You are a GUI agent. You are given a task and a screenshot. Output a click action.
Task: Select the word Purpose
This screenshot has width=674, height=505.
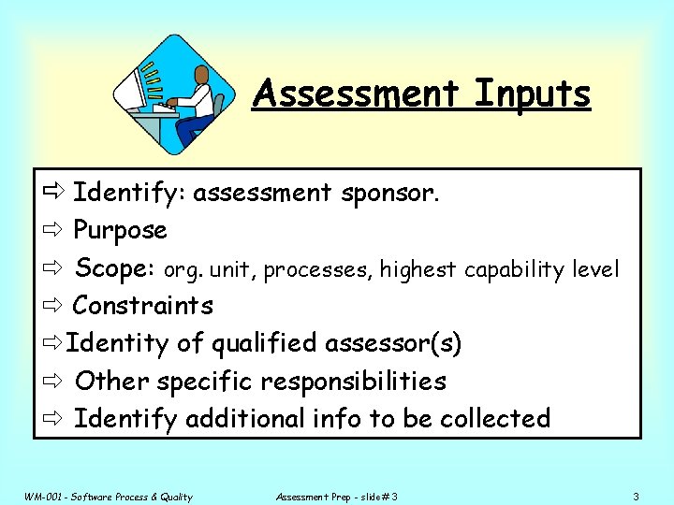[x=120, y=230]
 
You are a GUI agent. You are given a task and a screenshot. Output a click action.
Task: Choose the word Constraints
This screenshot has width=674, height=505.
[x=142, y=306]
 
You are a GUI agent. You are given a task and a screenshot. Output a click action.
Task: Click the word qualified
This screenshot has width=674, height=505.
[x=264, y=343]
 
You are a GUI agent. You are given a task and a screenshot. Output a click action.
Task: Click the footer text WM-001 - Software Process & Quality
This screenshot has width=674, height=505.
[x=109, y=497]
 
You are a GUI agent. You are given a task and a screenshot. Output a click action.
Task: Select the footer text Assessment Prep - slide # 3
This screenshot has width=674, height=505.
[x=336, y=497]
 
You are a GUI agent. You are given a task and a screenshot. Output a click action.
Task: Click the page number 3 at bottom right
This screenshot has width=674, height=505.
[x=636, y=497]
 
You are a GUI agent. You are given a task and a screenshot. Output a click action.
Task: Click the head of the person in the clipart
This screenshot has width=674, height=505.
[x=201, y=76]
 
